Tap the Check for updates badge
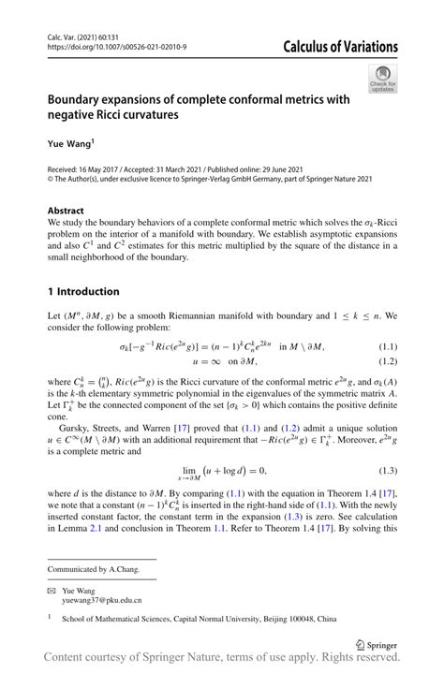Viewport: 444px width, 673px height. tap(383, 79)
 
